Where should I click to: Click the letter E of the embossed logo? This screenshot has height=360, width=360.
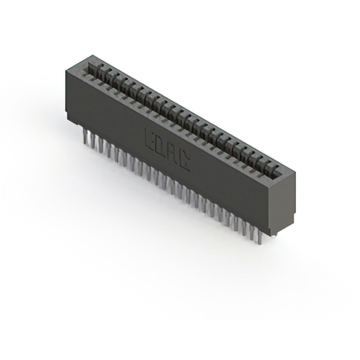coord(151,139)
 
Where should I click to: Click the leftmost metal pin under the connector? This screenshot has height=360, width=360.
coord(85,136)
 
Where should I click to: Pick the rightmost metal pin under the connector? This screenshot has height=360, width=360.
coord(260,237)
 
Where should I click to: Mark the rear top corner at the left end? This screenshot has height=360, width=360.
coord(93,55)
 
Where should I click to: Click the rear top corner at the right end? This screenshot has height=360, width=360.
coord(295,173)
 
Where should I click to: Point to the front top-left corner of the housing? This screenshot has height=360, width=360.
coord(66,70)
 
